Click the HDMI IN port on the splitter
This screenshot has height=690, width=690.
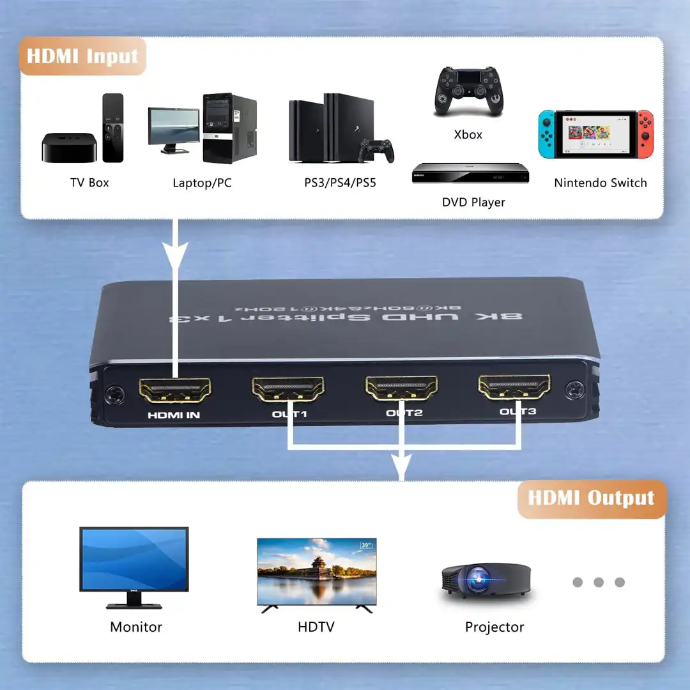tap(174, 390)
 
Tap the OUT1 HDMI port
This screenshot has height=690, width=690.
tap(288, 388)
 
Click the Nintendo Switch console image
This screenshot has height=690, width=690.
tap(595, 134)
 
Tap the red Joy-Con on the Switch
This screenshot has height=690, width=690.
tap(645, 134)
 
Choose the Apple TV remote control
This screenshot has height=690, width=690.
tap(112, 128)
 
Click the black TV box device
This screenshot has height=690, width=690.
tap(69, 148)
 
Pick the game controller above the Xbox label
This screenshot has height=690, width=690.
tap(468, 91)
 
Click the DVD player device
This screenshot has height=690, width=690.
tap(470, 173)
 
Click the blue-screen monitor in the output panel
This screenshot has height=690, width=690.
tap(134, 560)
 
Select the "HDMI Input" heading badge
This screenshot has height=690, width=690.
tap(83, 56)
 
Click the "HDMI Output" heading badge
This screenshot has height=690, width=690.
tap(591, 498)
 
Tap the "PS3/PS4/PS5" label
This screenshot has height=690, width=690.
tap(341, 183)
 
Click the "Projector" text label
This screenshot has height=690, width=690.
tap(494, 627)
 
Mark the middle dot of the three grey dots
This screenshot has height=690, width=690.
tap(599, 582)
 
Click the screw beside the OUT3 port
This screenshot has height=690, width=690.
tap(575, 388)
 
